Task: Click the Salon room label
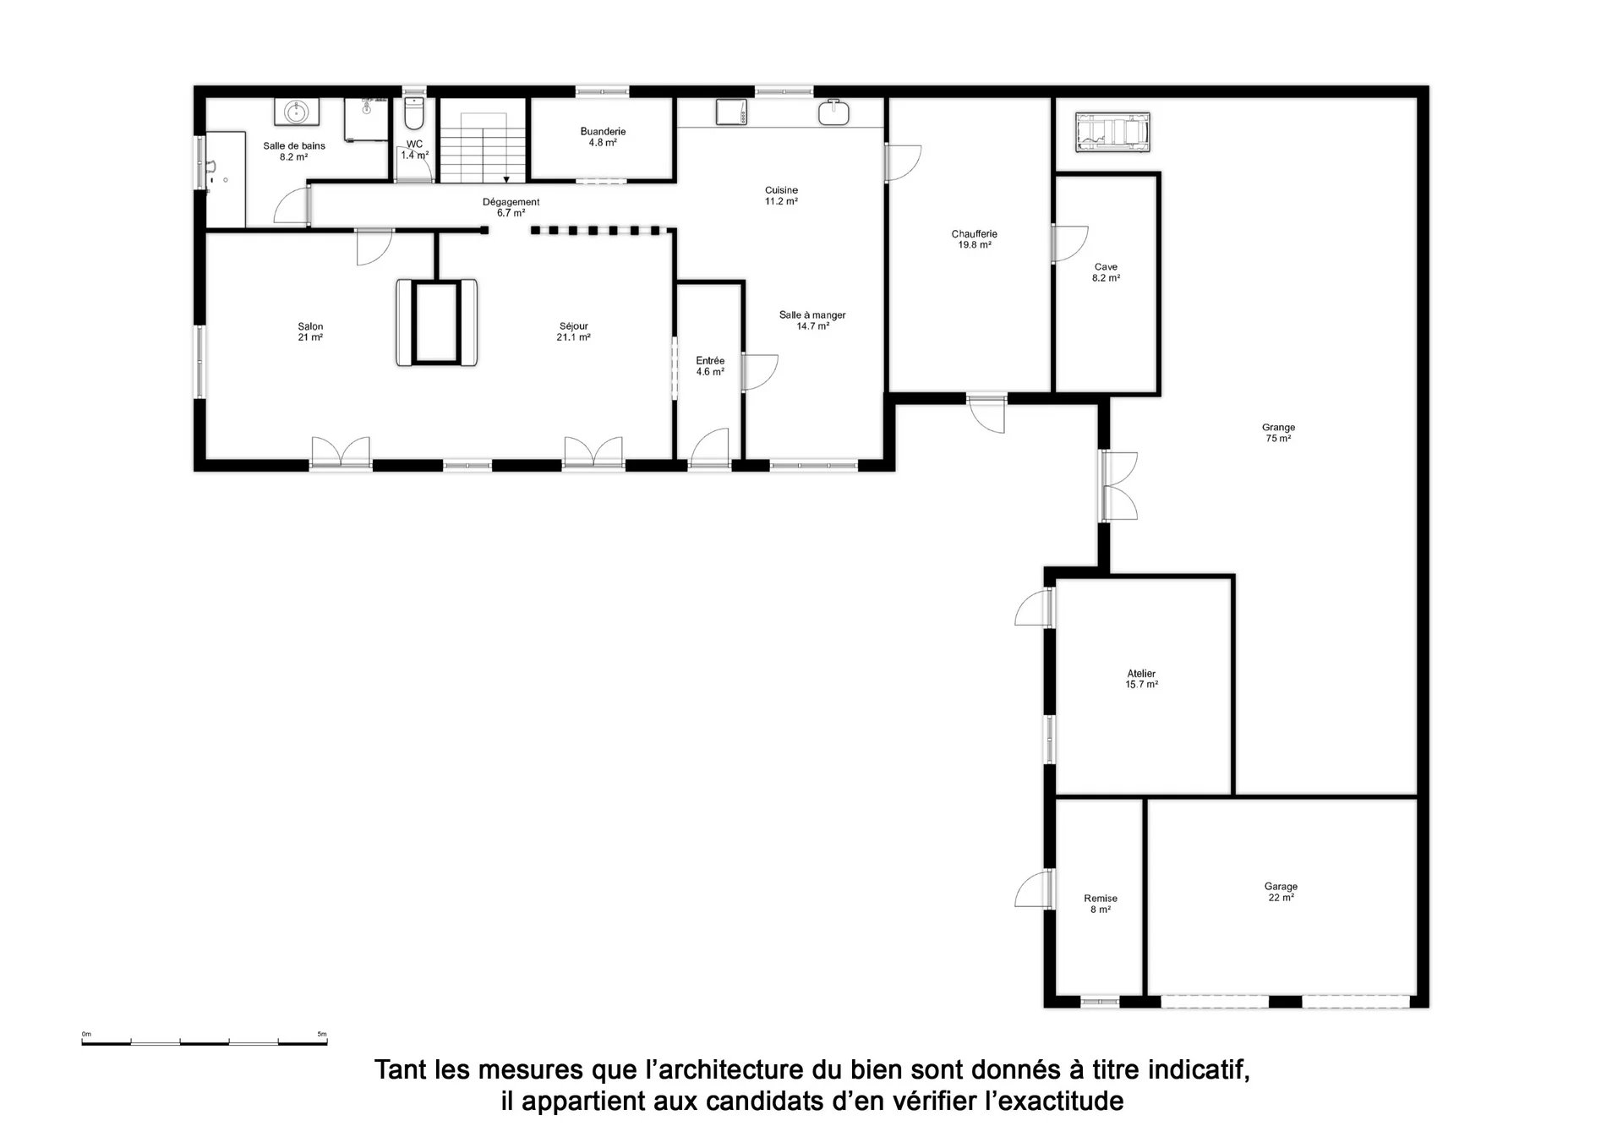(x=310, y=331)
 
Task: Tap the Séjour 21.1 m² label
(x=573, y=331)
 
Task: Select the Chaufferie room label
(x=974, y=239)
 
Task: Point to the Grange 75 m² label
(x=1278, y=433)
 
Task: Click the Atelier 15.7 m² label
(x=1141, y=679)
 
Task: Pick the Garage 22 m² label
(x=1281, y=892)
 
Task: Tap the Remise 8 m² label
(x=1101, y=904)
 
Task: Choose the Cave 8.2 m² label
(x=1106, y=272)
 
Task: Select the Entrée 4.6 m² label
(x=710, y=366)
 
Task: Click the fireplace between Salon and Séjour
(x=437, y=322)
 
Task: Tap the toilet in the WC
(x=413, y=113)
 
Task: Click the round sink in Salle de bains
(x=296, y=111)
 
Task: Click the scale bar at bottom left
(x=205, y=1041)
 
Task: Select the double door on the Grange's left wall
(x=1118, y=486)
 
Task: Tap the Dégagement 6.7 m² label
(x=511, y=207)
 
